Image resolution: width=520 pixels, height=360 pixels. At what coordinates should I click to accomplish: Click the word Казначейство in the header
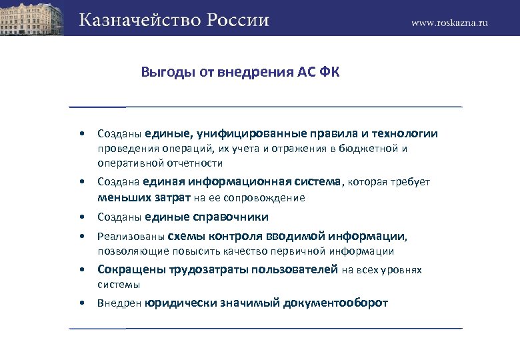click(134, 19)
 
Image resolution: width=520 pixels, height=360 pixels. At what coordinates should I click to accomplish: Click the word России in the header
click(233, 19)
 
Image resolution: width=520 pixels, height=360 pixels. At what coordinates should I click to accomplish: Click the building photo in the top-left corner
click(33, 17)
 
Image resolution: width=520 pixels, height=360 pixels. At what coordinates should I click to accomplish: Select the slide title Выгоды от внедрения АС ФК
click(240, 72)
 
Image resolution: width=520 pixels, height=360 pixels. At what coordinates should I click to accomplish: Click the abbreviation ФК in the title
click(330, 72)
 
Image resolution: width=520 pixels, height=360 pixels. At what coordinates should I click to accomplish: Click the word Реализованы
click(131, 236)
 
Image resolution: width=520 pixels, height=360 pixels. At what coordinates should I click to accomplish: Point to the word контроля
click(232, 236)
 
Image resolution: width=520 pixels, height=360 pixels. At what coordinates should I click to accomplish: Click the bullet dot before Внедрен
click(81, 303)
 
